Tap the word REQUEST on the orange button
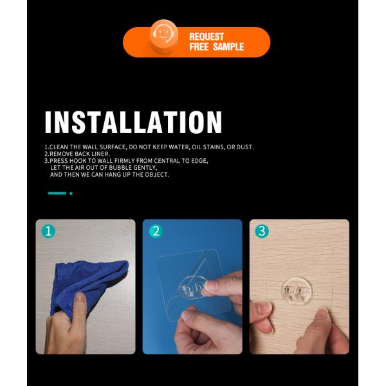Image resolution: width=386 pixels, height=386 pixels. [x=207, y=37]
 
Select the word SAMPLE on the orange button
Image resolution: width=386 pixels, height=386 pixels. [x=228, y=47]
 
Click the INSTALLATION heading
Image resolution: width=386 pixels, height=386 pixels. [x=133, y=122]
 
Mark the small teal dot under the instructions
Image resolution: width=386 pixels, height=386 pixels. [x=71, y=193]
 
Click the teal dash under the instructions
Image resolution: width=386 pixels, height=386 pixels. [x=57, y=193]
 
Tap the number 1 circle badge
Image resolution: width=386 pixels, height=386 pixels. [x=48, y=232]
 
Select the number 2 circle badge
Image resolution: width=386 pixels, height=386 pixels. [x=156, y=232]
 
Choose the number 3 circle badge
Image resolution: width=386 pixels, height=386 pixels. [x=262, y=232]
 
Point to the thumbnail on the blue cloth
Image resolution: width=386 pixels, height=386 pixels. [x=80, y=299]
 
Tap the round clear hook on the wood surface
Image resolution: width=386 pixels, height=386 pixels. [x=297, y=291]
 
